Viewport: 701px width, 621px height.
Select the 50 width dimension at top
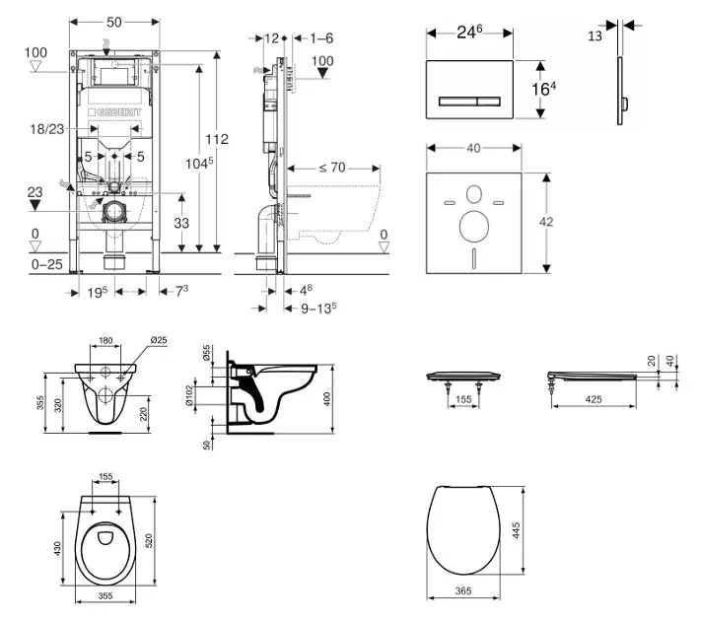click(x=115, y=22)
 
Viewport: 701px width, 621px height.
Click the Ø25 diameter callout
click(x=157, y=341)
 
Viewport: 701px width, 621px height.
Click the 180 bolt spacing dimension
click(x=105, y=342)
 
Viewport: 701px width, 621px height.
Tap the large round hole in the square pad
click(x=474, y=225)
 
